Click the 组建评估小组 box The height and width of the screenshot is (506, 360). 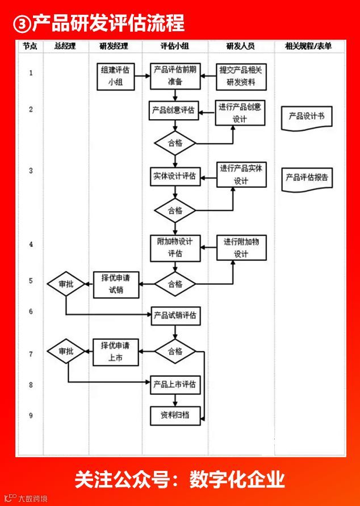116,77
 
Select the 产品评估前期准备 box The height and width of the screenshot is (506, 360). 175,76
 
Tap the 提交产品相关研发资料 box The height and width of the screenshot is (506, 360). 241,77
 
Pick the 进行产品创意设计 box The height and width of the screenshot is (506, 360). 241,113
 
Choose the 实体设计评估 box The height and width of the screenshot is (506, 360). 175,176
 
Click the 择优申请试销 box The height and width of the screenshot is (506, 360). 116,284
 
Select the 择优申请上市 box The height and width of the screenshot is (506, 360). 116,352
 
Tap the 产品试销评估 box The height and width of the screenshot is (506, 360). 175,316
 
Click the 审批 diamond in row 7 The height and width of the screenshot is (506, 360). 66,351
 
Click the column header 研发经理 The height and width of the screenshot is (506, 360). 114,46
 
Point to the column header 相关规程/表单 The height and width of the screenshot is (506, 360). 308,46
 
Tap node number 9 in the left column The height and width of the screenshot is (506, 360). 31,416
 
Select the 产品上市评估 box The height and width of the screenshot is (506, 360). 175,385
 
